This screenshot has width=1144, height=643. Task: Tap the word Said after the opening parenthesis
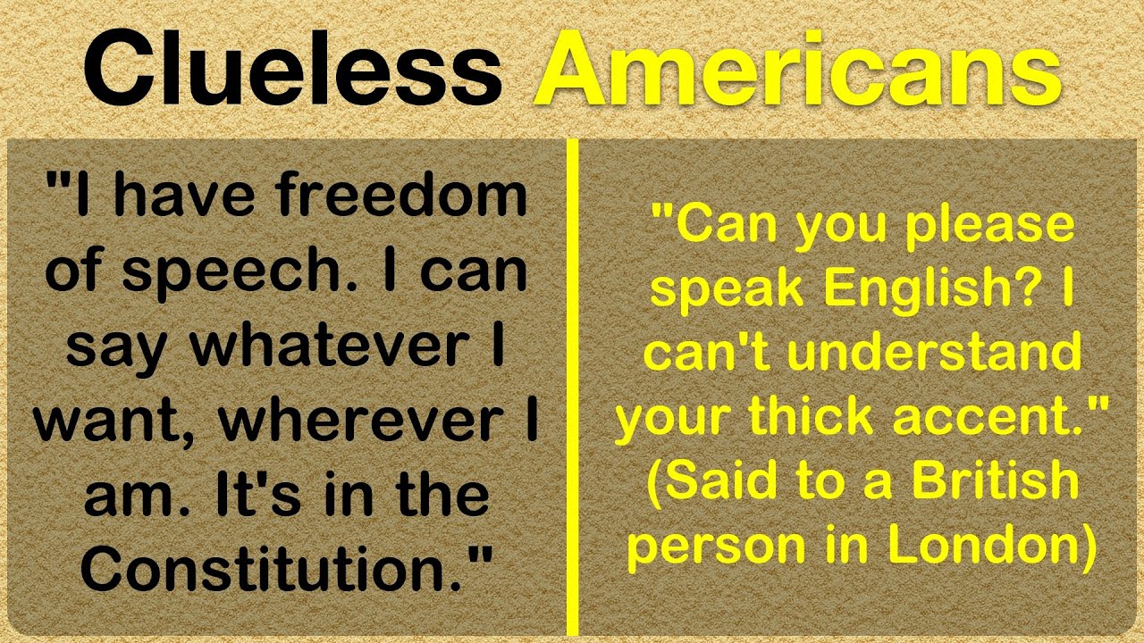[x=716, y=483]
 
